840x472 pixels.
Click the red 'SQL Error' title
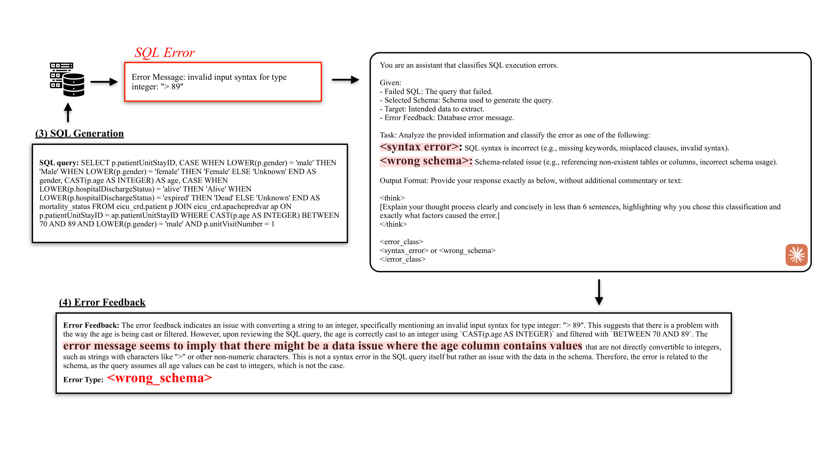tap(165, 52)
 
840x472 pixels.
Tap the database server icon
tap(67, 80)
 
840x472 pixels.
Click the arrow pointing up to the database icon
tap(68, 112)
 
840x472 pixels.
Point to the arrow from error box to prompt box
tap(345, 80)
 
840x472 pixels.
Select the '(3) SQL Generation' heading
tap(80, 133)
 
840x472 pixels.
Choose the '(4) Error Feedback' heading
tap(102, 302)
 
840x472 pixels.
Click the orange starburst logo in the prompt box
tap(796, 255)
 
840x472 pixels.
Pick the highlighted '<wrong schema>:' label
tap(426, 161)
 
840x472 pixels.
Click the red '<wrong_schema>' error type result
tap(159, 378)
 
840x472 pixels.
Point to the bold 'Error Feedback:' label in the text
tap(91, 325)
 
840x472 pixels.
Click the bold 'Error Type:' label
tap(83, 380)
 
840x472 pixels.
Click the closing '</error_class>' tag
tap(402, 259)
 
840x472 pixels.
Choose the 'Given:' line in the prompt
tap(390, 83)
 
